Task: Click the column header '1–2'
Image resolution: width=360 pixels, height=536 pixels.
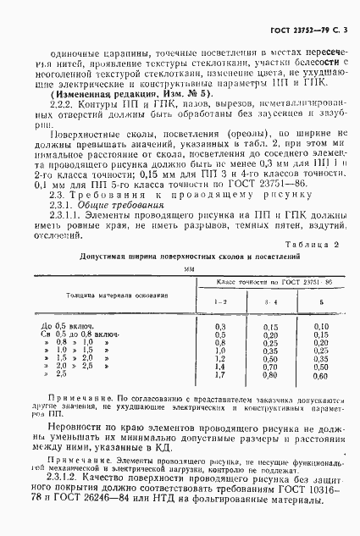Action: (x=221, y=301)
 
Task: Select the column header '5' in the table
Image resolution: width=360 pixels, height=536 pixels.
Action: (x=321, y=301)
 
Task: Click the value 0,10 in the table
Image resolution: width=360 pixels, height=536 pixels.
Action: (x=321, y=326)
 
